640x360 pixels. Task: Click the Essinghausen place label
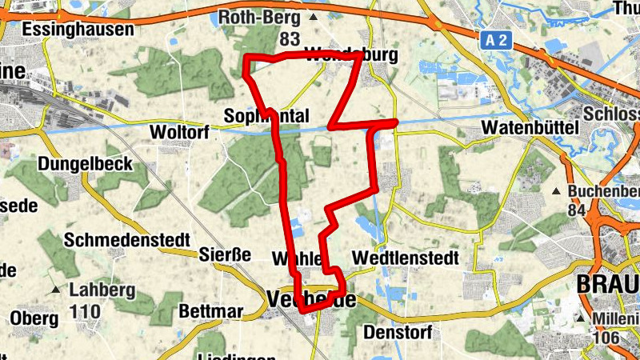[70, 29]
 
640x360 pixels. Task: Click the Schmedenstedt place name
[127, 239]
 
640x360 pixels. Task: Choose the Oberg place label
[33, 318]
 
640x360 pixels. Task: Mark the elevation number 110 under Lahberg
[85, 310]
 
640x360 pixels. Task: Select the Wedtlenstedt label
[405, 258]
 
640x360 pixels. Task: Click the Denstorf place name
[398, 331]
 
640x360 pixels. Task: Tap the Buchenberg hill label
[604, 192]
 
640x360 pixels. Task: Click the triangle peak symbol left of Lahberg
[56, 289]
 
